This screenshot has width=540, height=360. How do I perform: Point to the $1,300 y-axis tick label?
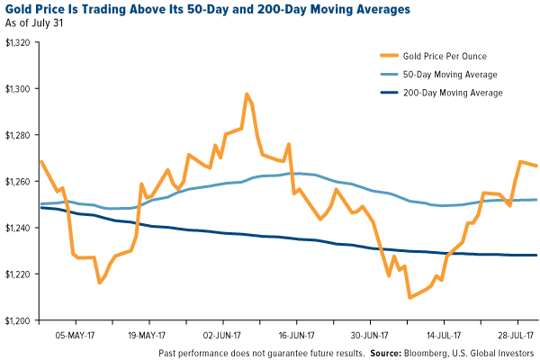pos(18,88)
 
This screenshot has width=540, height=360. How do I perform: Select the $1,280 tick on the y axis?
pos(18,135)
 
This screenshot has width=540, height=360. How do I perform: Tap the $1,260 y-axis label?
pos(18,181)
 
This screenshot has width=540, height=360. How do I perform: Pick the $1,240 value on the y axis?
pos(18,228)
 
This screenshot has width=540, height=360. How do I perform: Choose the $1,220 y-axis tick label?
pos(18,274)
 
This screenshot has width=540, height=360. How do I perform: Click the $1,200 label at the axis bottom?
pos(18,320)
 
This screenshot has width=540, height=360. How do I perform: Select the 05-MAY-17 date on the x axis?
pos(75,331)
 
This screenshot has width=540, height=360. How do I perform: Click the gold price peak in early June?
pos(247,94)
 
